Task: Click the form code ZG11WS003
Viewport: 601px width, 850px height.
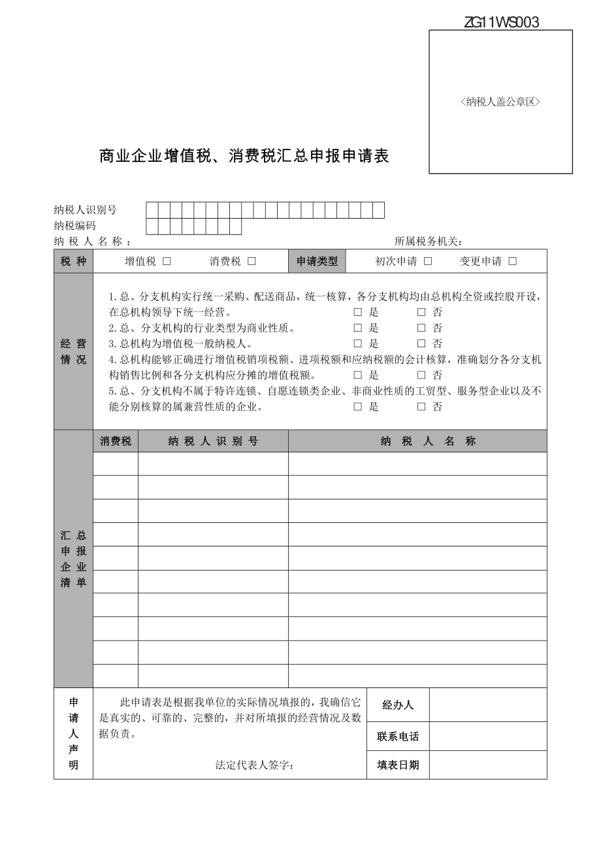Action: point(501,23)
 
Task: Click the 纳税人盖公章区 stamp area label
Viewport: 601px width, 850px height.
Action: point(500,102)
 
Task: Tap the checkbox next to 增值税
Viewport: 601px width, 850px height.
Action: point(167,261)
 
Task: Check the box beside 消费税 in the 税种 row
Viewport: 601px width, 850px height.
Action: point(252,261)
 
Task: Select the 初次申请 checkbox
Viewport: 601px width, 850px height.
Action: point(428,261)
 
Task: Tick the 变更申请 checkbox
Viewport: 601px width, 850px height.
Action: point(513,261)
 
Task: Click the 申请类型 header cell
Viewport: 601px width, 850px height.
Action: point(317,261)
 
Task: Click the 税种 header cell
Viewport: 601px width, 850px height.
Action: point(73,261)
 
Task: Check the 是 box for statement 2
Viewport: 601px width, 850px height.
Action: point(357,328)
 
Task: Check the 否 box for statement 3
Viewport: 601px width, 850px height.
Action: point(421,343)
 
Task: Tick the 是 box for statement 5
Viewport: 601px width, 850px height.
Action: point(357,407)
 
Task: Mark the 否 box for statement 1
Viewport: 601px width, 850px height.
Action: point(421,312)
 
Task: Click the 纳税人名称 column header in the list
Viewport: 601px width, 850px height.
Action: point(417,441)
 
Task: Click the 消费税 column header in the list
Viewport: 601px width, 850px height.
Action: point(116,441)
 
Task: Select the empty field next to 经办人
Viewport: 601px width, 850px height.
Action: point(488,705)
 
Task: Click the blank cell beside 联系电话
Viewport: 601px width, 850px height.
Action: point(488,736)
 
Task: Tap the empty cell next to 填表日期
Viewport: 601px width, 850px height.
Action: point(488,765)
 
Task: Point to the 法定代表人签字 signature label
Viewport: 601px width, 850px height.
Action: point(255,765)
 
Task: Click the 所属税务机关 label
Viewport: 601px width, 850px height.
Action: point(429,242)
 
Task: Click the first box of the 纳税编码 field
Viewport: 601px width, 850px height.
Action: point(152,226)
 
